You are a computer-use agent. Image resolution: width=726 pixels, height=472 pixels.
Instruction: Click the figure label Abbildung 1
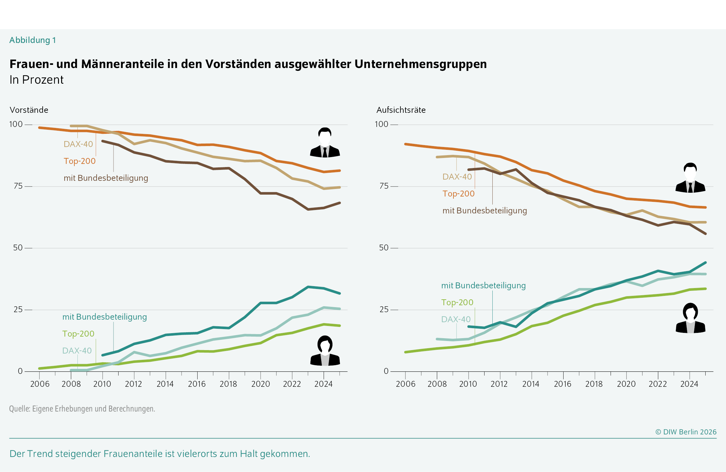33,40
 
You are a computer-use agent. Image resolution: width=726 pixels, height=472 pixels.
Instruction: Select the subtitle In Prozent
36,80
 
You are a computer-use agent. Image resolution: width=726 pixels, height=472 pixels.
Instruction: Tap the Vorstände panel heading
29,110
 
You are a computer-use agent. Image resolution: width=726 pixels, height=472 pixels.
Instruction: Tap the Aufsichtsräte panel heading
401,110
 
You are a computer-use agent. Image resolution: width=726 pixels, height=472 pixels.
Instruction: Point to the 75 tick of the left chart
18,186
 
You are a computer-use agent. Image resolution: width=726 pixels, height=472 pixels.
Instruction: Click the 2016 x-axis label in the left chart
197,384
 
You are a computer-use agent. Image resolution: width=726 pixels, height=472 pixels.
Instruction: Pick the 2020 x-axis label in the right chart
626,384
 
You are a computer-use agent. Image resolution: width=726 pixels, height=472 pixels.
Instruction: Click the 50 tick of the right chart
384,248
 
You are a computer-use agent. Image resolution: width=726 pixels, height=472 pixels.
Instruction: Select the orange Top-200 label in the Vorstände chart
79,161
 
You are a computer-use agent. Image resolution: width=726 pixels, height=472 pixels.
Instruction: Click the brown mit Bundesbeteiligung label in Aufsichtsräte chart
485,211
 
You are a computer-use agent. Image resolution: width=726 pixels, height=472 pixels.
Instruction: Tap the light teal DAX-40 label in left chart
77,351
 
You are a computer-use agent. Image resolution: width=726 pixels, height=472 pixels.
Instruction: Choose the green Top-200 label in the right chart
457,302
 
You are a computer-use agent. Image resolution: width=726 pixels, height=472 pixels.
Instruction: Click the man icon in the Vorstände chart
325,143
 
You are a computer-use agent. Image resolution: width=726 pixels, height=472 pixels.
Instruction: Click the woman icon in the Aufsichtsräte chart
690,318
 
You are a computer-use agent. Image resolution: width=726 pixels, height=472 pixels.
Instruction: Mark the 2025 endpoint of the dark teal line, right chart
705,263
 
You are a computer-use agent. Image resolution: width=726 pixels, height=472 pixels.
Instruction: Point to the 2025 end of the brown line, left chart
340,203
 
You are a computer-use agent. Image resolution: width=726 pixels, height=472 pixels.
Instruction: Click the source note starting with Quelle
82,409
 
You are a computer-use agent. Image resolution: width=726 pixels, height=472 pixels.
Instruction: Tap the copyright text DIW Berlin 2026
686,432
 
